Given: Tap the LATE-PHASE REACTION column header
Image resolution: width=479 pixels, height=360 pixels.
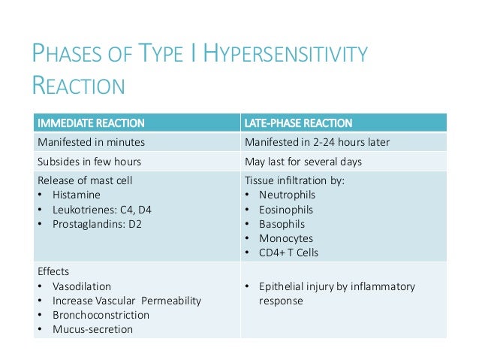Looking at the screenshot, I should [299, 123].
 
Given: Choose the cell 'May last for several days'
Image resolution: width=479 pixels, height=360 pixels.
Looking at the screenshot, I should [303, 161].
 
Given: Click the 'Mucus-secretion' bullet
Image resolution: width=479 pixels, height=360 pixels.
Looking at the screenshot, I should [89, 329].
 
